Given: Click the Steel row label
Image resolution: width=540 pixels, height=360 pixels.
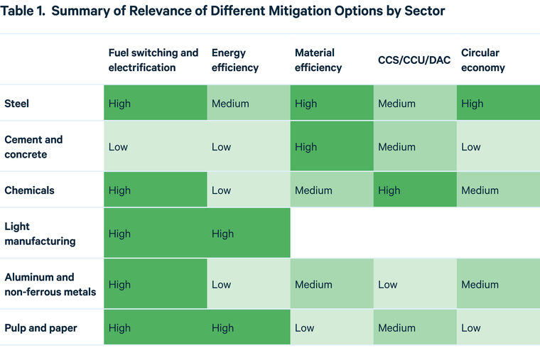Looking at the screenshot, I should click(16, 104).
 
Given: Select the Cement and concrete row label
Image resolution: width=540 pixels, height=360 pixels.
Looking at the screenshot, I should click(33, 147).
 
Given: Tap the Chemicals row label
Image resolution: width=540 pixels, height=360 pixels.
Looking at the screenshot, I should click(29, 190).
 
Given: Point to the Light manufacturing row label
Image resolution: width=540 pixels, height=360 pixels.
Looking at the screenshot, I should click(40, 234).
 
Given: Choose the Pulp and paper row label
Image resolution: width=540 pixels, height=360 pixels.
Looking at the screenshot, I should click(40, 328).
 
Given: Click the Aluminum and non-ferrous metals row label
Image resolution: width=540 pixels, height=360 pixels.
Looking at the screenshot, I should click(50, 284).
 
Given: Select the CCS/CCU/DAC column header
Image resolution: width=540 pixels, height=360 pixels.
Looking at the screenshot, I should click(414, 60).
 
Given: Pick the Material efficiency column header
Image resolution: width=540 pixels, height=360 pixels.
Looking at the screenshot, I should click(318, 60).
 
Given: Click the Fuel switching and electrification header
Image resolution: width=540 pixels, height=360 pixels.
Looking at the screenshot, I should click(153, 60).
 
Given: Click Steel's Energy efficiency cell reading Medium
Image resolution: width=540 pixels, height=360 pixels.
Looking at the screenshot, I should click(249, 104).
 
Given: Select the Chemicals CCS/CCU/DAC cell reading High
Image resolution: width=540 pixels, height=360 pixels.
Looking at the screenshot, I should click(415, 190).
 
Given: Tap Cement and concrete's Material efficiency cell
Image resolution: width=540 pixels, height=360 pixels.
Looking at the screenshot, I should click(332, 147).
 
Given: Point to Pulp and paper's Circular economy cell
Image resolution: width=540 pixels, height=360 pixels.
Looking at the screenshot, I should click(497, 328).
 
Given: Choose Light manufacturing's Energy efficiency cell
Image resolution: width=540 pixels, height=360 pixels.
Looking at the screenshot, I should click(249, 234).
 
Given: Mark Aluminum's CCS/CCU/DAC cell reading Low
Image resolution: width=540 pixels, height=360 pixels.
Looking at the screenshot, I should click(415, 284).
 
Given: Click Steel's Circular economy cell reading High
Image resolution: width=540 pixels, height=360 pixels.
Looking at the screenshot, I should click(497, 104).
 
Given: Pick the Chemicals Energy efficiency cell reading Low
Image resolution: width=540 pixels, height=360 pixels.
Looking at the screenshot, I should click(249, 190).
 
